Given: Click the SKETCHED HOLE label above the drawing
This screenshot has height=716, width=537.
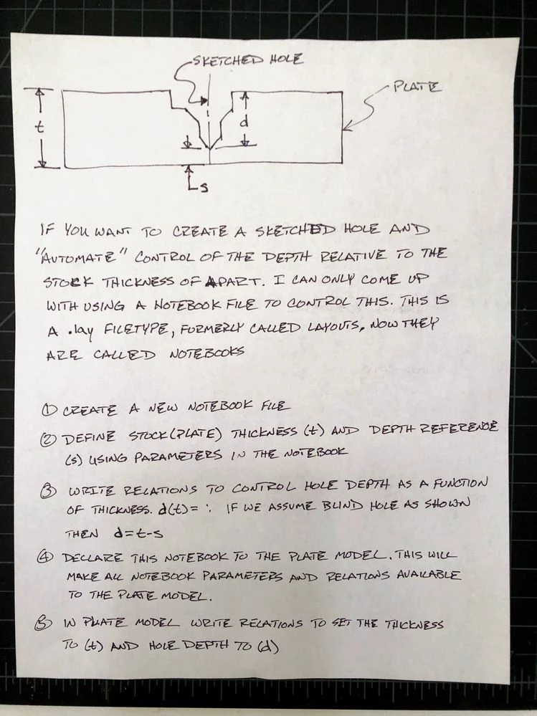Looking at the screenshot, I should [247, 60].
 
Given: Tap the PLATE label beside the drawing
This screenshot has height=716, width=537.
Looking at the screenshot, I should [417, 89].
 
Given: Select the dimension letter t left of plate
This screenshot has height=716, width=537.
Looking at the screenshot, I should [41, 128].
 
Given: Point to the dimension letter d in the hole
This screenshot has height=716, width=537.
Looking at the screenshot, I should [244, 122].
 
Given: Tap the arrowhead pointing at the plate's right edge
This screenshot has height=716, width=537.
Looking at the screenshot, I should [347, 129].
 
